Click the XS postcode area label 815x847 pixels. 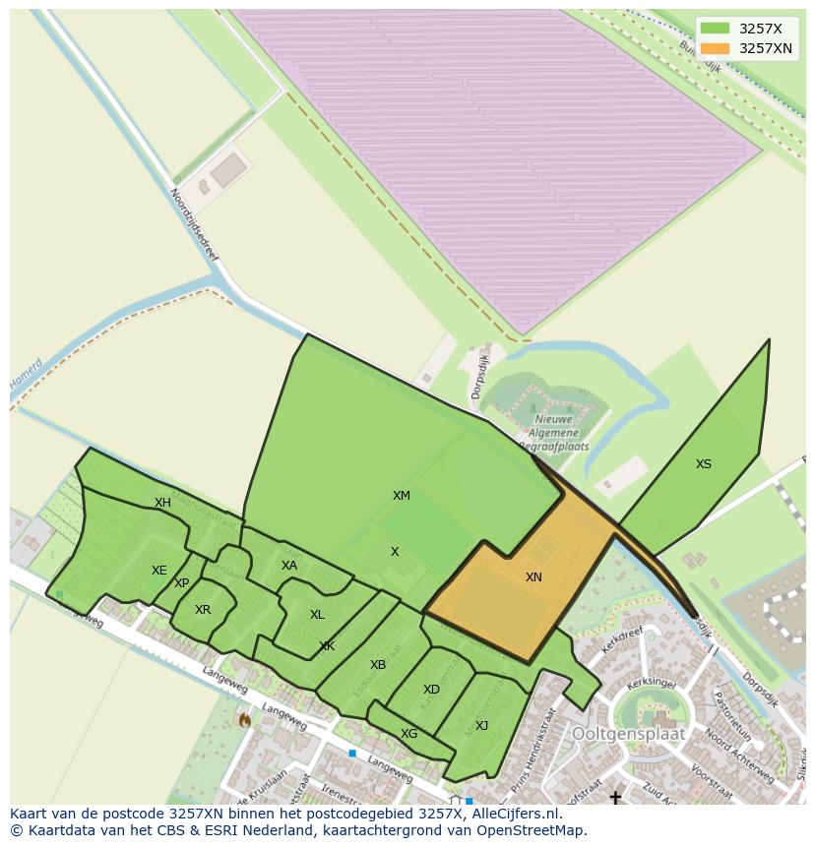pos(703,464)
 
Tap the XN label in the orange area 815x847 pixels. pos(533,577)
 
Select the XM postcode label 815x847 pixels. pos(402,496)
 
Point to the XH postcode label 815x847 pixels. pos(162,503)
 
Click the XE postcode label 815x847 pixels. pos(159,571)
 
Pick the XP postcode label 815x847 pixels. pos(181,583)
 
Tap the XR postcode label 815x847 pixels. pos(203,610)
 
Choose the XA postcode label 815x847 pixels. pos(289,566)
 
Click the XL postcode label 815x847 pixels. pos(317,615)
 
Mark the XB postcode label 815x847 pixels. pos(378,665)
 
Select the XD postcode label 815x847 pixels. pos(431,690)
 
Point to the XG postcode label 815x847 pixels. pos(409,734)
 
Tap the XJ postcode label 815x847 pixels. pos(481,726)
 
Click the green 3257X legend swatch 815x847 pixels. pos(716,29)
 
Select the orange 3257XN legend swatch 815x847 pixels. pos(716,48)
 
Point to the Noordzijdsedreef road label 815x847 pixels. pos(194,224)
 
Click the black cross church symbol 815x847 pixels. pos(615,797)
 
